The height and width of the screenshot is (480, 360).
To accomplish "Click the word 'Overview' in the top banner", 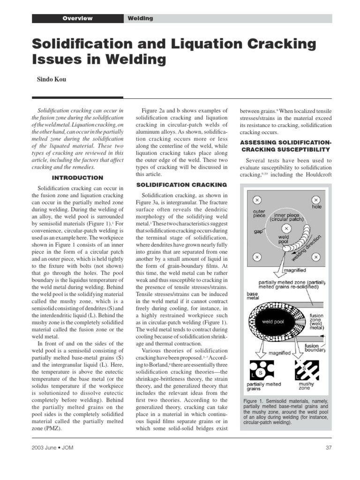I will (x=78, y=18).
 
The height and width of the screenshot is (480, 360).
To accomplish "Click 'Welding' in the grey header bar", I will (x=140, y=18).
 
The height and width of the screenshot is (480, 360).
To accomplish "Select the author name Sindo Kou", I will (x=52, y=79).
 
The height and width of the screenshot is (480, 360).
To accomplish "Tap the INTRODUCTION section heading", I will (x=77, y=178).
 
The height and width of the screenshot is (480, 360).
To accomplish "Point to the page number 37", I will (x=328, y=448).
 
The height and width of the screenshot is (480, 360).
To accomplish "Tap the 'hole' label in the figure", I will (x=317, y=207).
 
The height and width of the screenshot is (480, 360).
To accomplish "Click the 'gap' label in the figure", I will (x=258, y=232).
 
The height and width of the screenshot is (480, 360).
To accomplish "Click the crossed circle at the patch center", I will (x=287, y=229).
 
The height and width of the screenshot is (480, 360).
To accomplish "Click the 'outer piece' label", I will (x=259, y=214).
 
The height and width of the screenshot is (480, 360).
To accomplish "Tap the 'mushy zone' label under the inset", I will (x=307, y=386).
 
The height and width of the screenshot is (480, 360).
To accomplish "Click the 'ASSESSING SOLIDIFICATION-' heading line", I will (x=286, y=142).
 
